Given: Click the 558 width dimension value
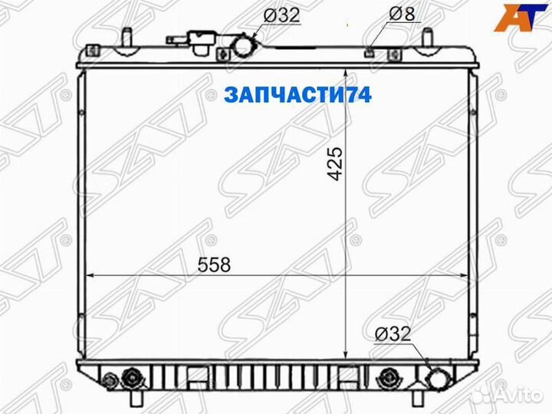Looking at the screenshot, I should (215, 265).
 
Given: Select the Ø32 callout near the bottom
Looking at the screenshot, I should (393, 333).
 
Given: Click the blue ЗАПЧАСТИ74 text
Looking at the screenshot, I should (297, 95).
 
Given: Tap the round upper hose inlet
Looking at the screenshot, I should (244, 46).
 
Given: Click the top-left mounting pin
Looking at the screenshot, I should (123, 37).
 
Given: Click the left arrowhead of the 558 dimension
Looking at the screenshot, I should (90, 274).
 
